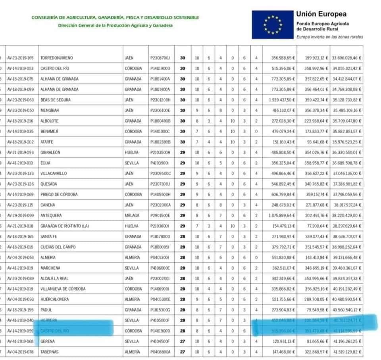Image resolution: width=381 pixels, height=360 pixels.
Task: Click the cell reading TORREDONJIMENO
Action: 57,58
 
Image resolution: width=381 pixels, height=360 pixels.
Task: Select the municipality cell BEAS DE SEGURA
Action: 54,100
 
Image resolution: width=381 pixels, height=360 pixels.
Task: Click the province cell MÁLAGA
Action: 131,215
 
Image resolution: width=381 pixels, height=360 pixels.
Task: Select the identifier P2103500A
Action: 160,152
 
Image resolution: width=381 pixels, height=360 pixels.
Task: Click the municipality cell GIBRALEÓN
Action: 50,152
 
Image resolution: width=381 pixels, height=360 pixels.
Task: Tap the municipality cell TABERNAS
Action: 50,352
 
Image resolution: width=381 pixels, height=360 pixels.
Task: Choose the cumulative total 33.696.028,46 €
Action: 349,58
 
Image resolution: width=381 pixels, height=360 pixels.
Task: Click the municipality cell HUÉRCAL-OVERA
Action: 55,299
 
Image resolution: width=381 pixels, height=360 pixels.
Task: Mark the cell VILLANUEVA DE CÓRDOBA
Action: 63,289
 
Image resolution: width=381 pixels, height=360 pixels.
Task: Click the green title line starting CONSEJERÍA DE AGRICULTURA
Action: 115,17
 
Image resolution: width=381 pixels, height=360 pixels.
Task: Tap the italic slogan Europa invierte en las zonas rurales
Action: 329,37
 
